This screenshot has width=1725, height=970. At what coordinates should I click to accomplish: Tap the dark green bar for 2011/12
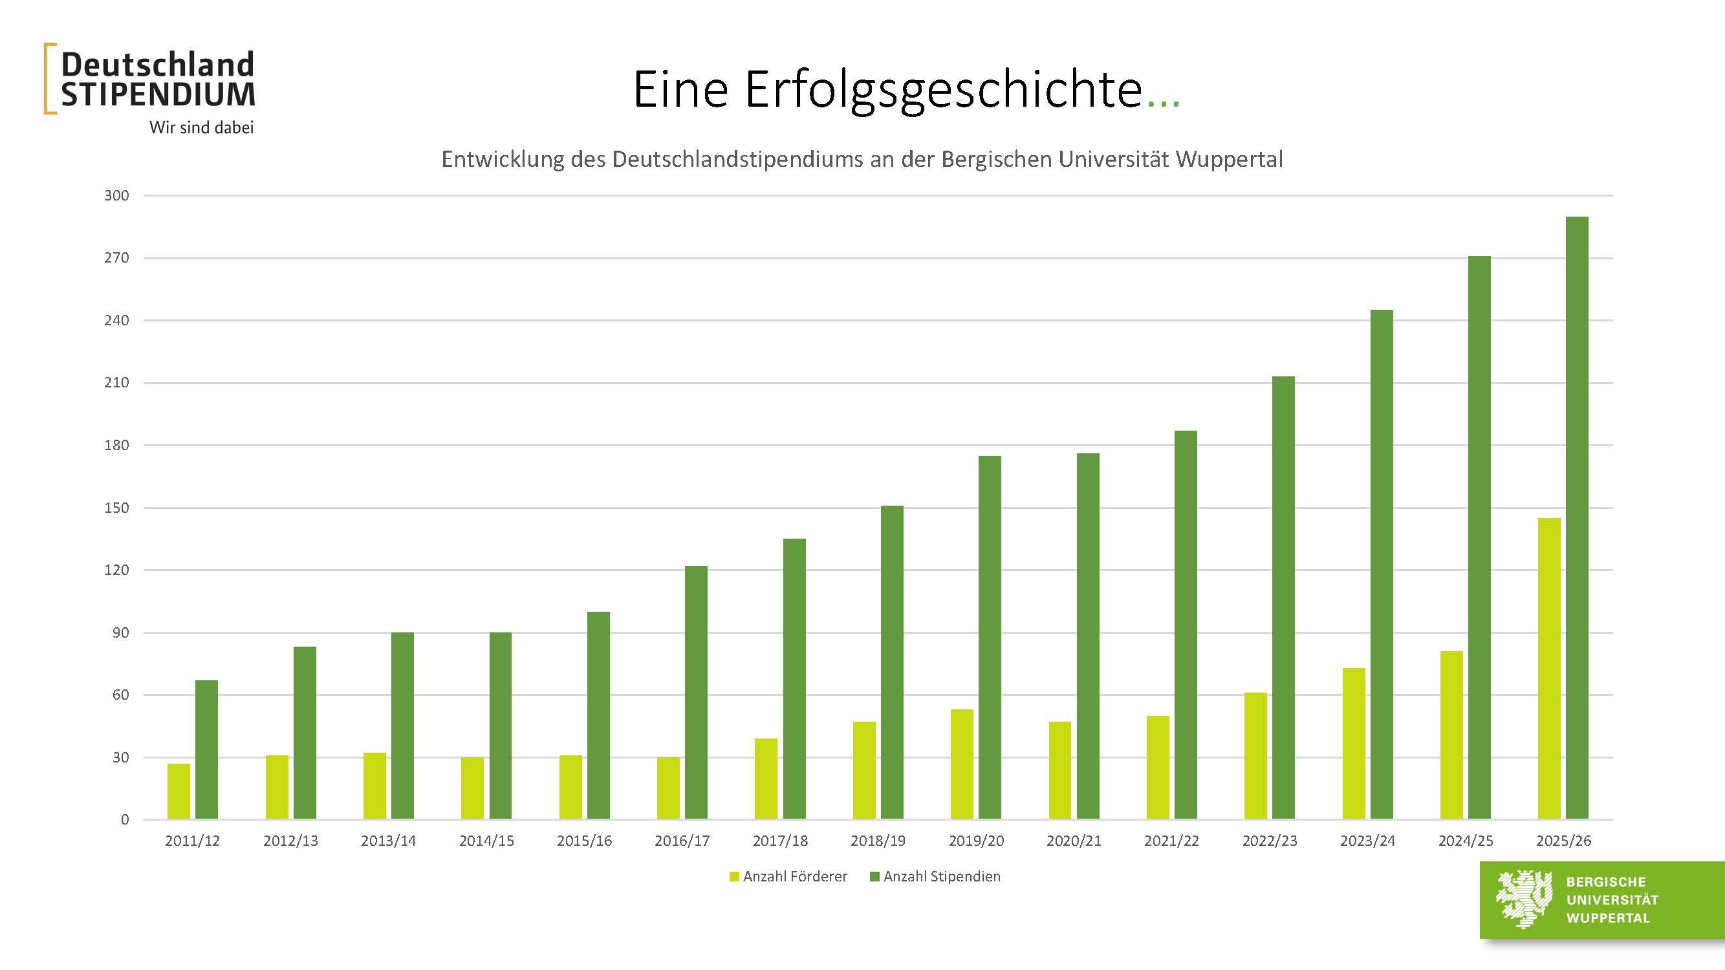click(x=206, y=749)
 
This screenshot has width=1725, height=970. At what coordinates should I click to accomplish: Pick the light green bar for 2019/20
click(x=962, y=764)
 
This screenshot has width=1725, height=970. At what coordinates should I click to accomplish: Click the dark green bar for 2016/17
click(x=696, y=692)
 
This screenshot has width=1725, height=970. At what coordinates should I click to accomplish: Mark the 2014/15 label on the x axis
click(x=486, y=841)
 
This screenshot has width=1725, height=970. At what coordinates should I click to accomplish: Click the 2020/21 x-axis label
click(x=1074, y=841)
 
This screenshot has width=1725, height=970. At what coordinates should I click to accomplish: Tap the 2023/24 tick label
click(x=1367, y=841)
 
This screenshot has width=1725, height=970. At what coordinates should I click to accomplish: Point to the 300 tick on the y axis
click(x=116, y=195)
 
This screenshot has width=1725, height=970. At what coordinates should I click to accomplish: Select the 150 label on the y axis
click(x=116, y=508)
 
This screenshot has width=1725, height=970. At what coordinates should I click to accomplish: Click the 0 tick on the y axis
click(x=125, y=819)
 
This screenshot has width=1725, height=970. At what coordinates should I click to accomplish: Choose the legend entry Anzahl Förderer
click(x=794, y=876)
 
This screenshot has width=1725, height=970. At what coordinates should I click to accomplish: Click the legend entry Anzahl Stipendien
click(x=941, y=876)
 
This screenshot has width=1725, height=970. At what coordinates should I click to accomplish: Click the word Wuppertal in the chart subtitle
click(x=1229, y=159)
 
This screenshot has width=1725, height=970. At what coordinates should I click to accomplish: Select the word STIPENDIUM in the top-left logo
click(x=158, y=95)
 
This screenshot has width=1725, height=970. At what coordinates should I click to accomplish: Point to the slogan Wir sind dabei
click(x=202, y=127)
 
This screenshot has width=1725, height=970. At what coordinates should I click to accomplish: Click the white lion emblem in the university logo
click(x=1523, y=899)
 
